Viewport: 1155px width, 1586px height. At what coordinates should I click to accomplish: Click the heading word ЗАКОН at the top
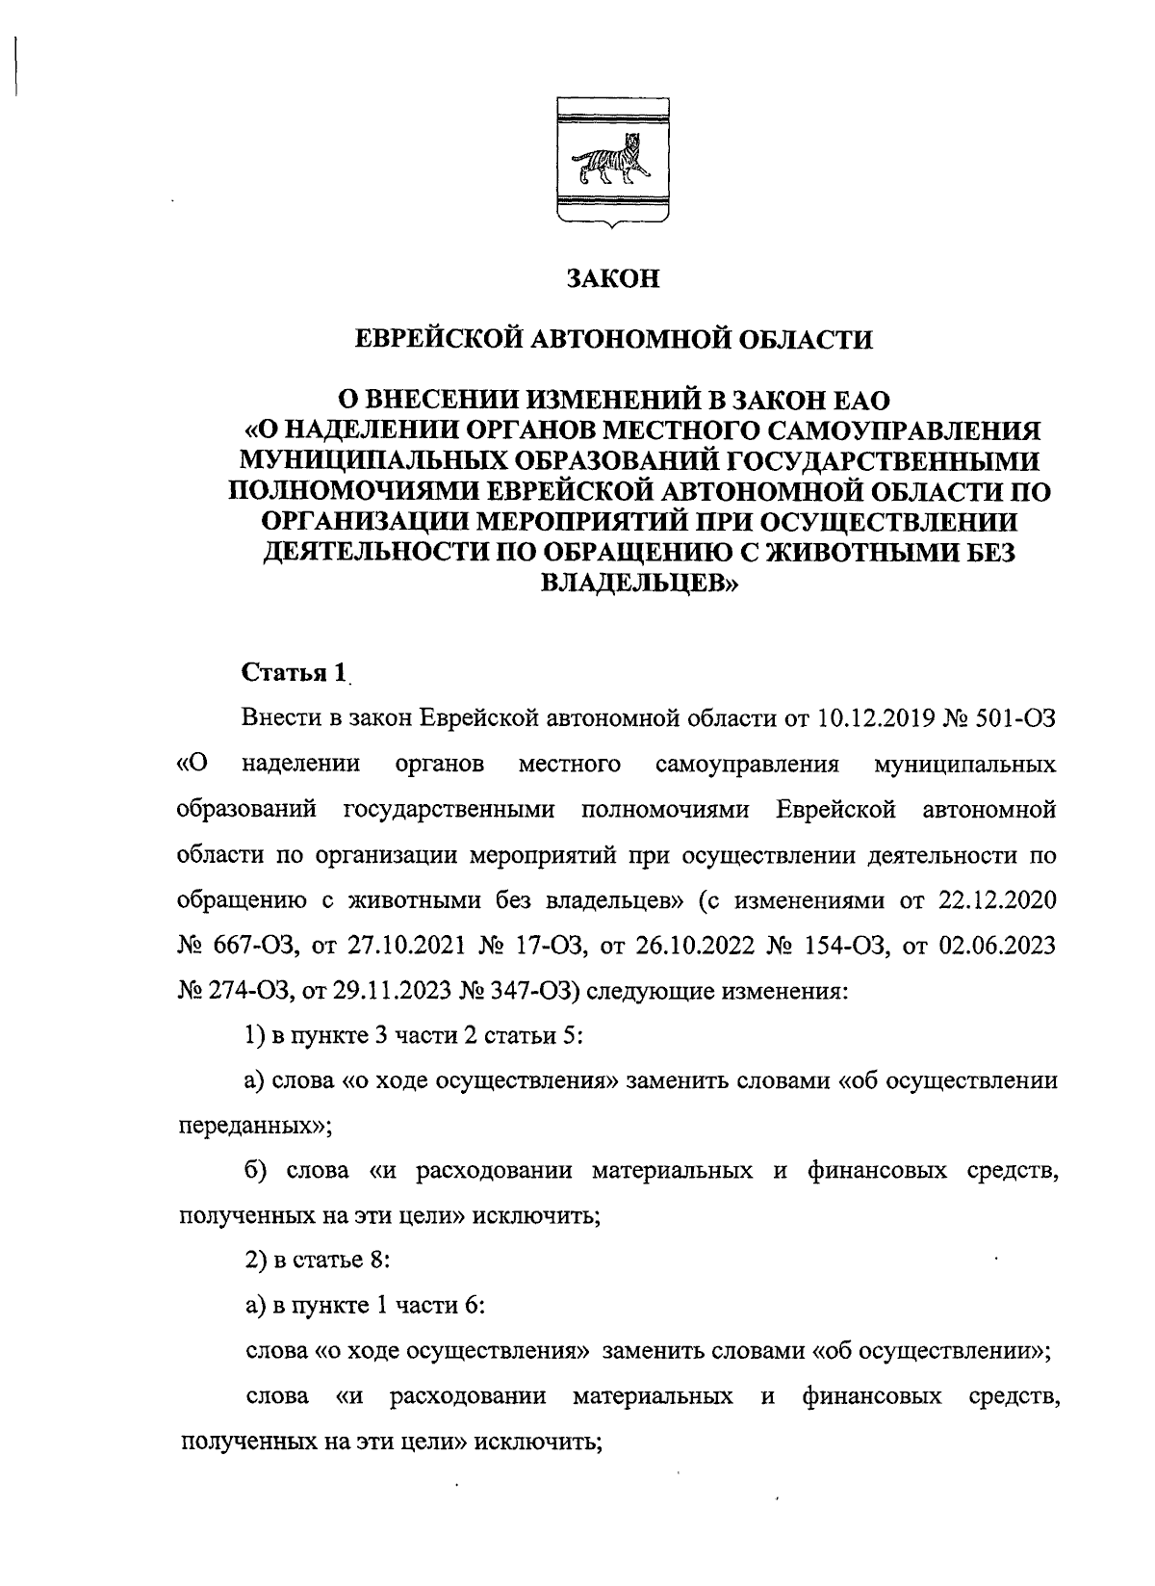coord(613,278)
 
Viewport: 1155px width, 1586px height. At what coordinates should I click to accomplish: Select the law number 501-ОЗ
coord(1017,718)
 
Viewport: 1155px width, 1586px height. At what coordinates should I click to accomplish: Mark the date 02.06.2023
coord(996,946)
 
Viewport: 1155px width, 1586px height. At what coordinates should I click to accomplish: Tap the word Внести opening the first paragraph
coord(279,718)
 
